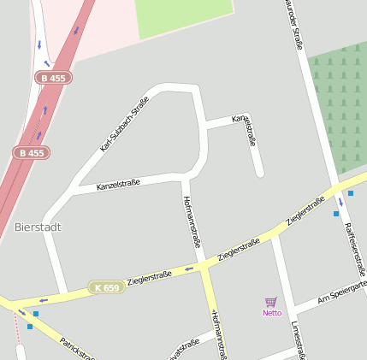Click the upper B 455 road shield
[53, 78]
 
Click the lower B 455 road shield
[31, 153]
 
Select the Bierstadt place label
[38, 227]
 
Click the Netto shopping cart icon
[271, 302]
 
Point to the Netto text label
[271, 313]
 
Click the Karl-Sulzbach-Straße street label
[123, 124]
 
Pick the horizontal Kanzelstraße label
[118, 184]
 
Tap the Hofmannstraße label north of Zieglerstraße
[192, 221]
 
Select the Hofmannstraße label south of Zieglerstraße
[216, 333]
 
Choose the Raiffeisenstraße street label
[355, 242]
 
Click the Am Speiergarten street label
[342, 292]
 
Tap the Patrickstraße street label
[77, 348]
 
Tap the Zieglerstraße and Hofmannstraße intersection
[204, 268]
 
